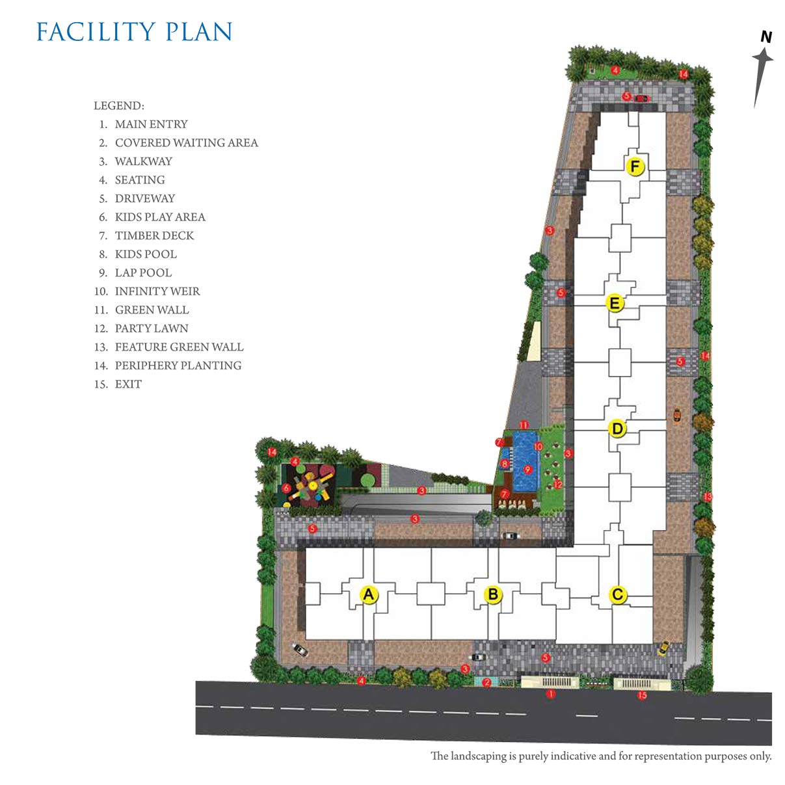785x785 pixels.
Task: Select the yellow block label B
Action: [x=493, y=594]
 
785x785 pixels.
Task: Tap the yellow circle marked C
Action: [x=618, y=594]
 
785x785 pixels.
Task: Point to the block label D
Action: [x=618, y=429]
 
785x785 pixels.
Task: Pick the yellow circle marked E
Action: [x=615, y=303]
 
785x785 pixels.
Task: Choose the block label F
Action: [x=635, y=166]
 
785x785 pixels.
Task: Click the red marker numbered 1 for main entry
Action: [x=551, y=694]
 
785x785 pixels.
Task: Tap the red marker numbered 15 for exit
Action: [x=642, y=695]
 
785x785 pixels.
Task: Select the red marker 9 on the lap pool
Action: [x=528, y=470]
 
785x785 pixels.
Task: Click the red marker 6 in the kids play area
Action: [x=286, y=488]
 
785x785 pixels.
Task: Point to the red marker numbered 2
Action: [x=486, y=682]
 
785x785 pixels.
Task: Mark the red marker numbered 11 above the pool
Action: [x=524, y=425]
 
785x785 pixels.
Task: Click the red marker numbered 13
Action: [x=708, y=497]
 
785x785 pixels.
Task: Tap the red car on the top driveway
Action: [x=642, y=98]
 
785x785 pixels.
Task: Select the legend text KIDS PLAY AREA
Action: [x=160, y=217]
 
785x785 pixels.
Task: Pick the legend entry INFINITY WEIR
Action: [x=157, y=291]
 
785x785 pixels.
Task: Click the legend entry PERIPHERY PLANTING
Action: [x=178, y=366]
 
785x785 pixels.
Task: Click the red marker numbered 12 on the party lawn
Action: [x=557, y=485]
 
